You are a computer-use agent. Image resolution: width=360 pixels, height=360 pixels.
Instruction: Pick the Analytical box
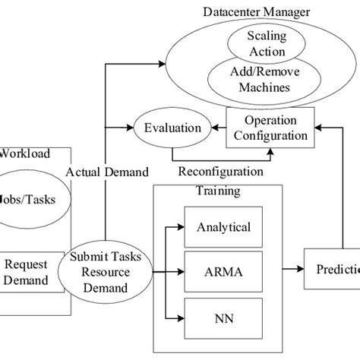[223, 227]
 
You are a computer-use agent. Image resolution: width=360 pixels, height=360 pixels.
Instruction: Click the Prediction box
[332, 268]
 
